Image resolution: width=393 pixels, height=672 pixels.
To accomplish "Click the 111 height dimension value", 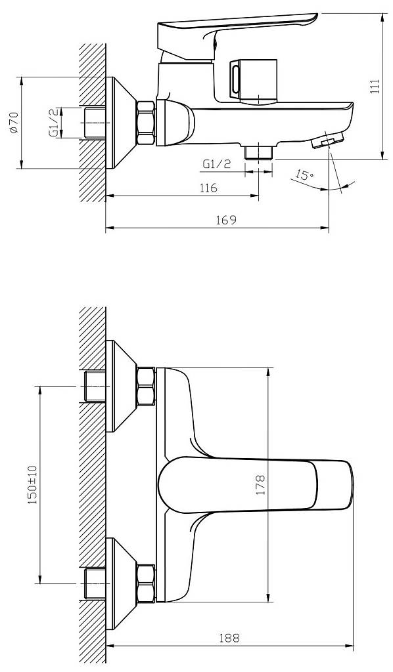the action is click(375, 86).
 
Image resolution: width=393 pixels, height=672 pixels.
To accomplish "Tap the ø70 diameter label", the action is click(13, 123).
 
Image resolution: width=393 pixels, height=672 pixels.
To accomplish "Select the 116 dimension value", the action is click(208, 188).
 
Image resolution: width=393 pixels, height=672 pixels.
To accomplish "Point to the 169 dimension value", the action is click(227, 220).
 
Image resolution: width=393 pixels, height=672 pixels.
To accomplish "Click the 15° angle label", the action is click(304, 175).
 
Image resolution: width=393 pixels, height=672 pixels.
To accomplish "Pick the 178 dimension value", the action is click(260, 485).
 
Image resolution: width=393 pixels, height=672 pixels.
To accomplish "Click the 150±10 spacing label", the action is click(34, 485).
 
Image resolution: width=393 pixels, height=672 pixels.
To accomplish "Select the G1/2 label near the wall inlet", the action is click(53, 123).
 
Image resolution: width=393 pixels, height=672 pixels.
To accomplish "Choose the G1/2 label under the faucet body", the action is click(217, 163).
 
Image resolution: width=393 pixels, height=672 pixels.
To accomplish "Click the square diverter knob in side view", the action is click(253, 81).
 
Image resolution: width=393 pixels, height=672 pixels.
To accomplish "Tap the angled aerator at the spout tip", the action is click(328, 140).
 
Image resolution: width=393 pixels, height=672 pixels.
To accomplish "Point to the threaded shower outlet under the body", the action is click(259, 153).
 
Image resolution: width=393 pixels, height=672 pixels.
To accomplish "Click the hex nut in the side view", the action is click(146, 123).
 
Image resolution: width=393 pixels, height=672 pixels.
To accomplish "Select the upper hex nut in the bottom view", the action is click(146, 387).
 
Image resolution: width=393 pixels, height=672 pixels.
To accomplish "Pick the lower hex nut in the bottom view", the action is click(146, 583).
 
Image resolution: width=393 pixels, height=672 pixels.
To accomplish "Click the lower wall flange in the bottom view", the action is click(121, 583).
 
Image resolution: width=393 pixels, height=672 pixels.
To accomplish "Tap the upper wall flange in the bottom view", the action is click(121, 386).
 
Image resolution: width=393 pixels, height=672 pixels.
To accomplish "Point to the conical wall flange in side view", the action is click(121, 123).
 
